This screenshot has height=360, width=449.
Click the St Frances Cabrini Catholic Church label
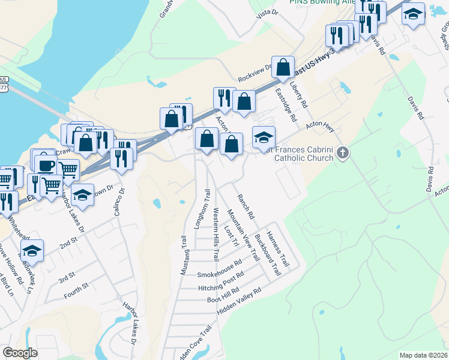(300, 154)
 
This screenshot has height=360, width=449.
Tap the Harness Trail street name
(278, 249)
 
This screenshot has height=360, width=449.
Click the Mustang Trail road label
(184, 256)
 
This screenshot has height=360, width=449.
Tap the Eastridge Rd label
(286, 106)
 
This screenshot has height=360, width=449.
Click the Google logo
(20, 353)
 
